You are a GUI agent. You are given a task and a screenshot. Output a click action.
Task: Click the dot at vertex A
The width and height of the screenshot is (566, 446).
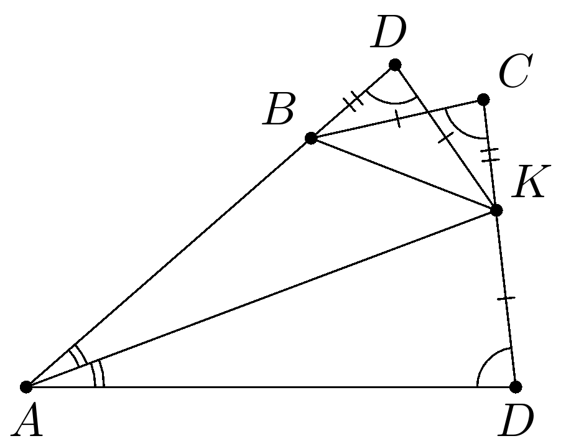(26, 387)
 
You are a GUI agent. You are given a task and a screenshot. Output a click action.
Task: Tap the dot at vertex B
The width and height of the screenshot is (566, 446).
(311, 138)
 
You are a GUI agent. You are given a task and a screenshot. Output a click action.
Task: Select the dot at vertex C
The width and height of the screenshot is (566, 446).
(483, 99)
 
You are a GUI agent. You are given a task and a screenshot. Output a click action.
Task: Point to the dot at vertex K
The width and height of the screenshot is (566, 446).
(496, 210)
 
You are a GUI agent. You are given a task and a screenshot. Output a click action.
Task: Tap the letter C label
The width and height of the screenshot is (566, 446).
(514, 72)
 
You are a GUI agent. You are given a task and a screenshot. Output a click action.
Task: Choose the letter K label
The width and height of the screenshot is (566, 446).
(528, 185)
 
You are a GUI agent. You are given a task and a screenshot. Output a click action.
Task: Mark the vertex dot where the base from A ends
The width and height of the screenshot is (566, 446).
(516, 387)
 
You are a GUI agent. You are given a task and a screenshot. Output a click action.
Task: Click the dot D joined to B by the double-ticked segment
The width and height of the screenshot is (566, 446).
(394, 65)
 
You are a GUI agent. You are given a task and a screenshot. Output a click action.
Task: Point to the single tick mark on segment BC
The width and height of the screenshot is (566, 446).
(397, 118)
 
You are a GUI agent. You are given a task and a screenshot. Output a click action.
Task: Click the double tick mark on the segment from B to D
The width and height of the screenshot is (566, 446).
(353, 101)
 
